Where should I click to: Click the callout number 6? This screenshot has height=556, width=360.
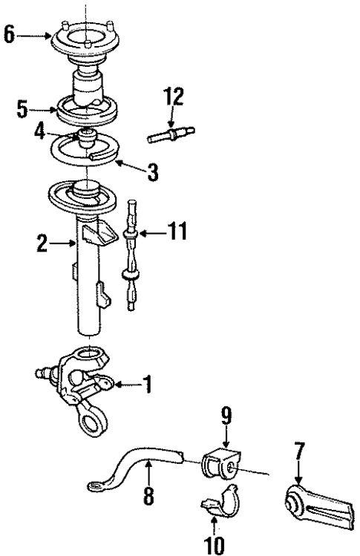point(8,36)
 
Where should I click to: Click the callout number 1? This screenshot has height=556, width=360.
point(148,385)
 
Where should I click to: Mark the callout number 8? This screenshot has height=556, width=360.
point(147,497)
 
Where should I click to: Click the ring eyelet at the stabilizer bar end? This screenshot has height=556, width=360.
point(95,487)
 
